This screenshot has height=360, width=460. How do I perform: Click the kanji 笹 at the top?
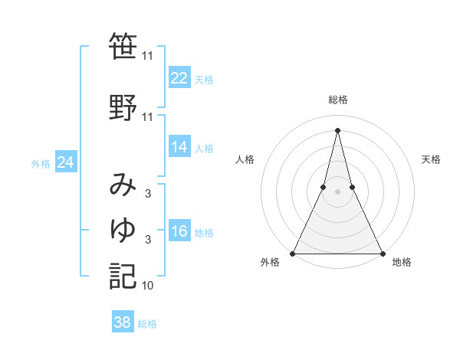point(123,47)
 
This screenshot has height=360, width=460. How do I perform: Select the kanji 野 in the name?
point(123,107)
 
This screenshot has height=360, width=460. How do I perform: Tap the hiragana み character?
point(123,186)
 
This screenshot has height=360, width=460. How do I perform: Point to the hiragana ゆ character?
point(123,230)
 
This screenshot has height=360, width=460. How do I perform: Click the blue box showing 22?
point(179,77)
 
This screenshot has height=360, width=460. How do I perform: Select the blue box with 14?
point(179,146)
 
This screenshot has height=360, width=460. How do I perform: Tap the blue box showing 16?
point(179,231)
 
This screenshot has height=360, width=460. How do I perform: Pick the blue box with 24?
point(65,162)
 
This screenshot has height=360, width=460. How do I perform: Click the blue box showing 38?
point(123,322)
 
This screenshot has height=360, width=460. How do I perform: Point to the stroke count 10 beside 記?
point(147,286)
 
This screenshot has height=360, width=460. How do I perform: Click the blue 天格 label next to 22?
point(204,80)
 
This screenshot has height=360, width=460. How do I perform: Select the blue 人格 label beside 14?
point(204,149)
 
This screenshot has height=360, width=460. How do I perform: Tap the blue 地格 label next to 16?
point(204,233)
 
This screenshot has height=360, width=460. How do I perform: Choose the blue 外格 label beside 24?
point(41,164)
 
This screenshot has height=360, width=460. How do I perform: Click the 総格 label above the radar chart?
point(337,100)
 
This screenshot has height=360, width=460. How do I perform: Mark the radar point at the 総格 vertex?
point(337,130)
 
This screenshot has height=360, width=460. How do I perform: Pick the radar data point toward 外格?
point(293,253)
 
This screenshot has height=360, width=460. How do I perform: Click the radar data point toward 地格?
point(382,253)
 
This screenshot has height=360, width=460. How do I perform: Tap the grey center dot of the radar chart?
point(337,191)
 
